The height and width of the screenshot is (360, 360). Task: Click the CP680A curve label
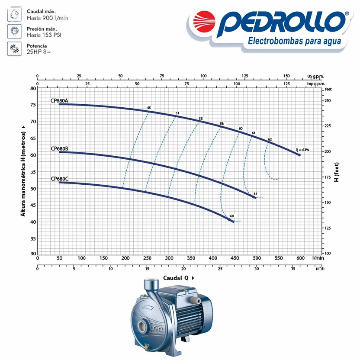59,100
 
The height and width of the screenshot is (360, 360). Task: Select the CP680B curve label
59,148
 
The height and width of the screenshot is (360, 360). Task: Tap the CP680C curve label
59,179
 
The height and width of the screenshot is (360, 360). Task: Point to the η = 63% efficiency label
302,150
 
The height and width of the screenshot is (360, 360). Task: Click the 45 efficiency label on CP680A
149,108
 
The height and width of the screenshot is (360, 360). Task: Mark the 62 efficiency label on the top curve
270,139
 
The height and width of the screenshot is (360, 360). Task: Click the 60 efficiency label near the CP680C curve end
232,216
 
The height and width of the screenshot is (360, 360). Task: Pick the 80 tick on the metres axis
33,88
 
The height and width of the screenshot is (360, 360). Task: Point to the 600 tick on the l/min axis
301,258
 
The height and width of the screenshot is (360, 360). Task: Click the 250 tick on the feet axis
328,100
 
